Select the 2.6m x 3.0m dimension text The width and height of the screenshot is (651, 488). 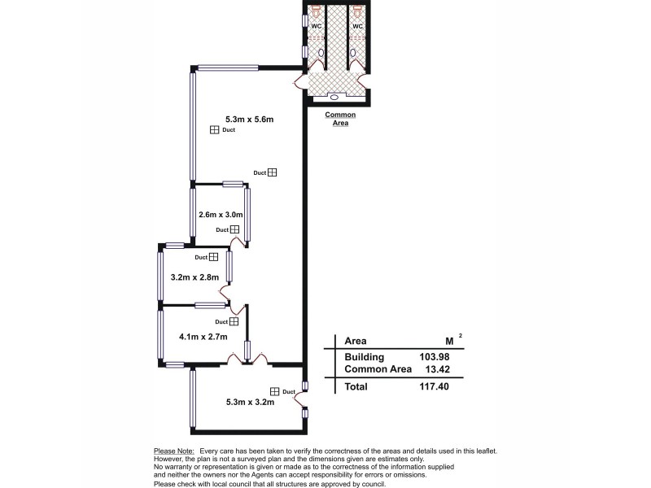pyautogui.click(x=221, y=215)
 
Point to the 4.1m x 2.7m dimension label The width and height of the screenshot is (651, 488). pyautogui.click(x=203, y=336)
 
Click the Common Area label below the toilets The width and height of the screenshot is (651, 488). pyautogui.click(x=340, y=120)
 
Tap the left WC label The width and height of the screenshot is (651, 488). pyautogui.click(x=317, y=27)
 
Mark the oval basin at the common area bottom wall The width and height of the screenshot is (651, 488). pyautogui.click(x=334, y=97)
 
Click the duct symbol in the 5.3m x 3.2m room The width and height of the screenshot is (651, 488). pyautogui.click(x=274, y=391)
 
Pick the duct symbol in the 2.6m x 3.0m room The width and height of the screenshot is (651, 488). pyautogui.click(x=234, y=229)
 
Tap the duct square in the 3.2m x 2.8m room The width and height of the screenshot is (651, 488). pyautogui.click(x=213, y=257)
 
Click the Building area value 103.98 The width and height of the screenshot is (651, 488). pyautogui.click(x=432, y=357)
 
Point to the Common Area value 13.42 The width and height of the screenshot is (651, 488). pyautogui.click(x=435, y=369)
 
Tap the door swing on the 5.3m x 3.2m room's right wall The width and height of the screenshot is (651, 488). pyautogui.click(x=299, y=398)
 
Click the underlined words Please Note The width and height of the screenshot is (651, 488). pyautogui.click(x=173, y=451)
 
